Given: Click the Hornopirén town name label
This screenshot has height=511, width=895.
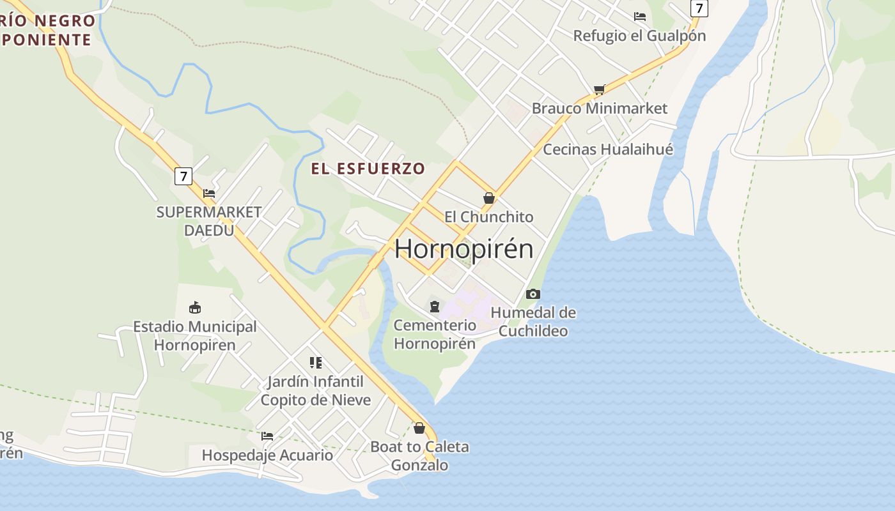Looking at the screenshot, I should pos(463,248).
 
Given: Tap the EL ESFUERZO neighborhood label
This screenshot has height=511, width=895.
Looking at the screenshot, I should pos(368,169).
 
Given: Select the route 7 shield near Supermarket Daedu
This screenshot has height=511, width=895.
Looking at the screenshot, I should pos(183,176).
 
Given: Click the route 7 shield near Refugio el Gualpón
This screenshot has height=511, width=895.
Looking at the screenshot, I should pos(699,8).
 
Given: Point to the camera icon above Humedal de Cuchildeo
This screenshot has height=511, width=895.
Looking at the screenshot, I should pos(533,294).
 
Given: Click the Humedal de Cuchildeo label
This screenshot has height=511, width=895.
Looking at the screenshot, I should pos(533,322).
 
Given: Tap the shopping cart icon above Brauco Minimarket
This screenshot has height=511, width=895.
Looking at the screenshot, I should pos(599,89).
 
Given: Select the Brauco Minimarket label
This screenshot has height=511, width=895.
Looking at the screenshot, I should pos(599,108).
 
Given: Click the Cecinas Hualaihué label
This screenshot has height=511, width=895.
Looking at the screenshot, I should pos(608,149).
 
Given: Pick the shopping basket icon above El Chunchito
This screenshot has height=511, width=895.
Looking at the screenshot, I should pos(489,198).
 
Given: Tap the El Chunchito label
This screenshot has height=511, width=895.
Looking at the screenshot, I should pos(489,217).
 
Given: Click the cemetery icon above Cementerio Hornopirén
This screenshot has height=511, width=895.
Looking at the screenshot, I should pos(435,307).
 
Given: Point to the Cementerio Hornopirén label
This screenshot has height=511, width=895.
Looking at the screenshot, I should pos(435,334).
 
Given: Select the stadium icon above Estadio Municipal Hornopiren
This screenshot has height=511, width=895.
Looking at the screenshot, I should pos(195,308).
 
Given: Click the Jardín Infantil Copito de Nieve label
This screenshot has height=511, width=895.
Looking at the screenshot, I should pos(315,391).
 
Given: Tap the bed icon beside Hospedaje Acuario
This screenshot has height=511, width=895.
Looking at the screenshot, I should pos(267,436).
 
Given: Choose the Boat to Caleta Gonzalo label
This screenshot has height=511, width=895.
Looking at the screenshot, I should pos(419,455).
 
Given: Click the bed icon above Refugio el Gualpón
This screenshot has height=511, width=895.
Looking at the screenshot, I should pos(639,17).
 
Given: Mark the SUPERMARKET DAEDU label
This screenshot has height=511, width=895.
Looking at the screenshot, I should pos(209,221).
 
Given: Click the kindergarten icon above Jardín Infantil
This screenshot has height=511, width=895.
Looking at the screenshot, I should pos(315,363).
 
